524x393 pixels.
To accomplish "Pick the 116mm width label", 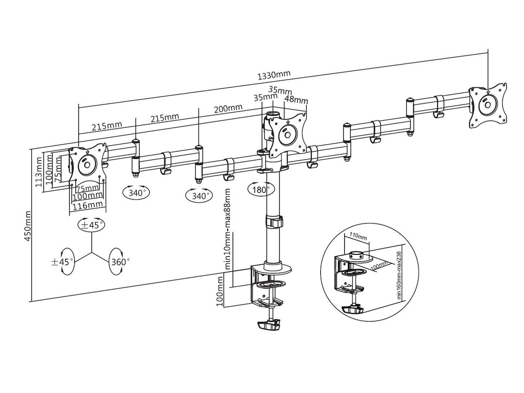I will point(88,205).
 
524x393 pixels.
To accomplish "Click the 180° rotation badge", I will point(258,189).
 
